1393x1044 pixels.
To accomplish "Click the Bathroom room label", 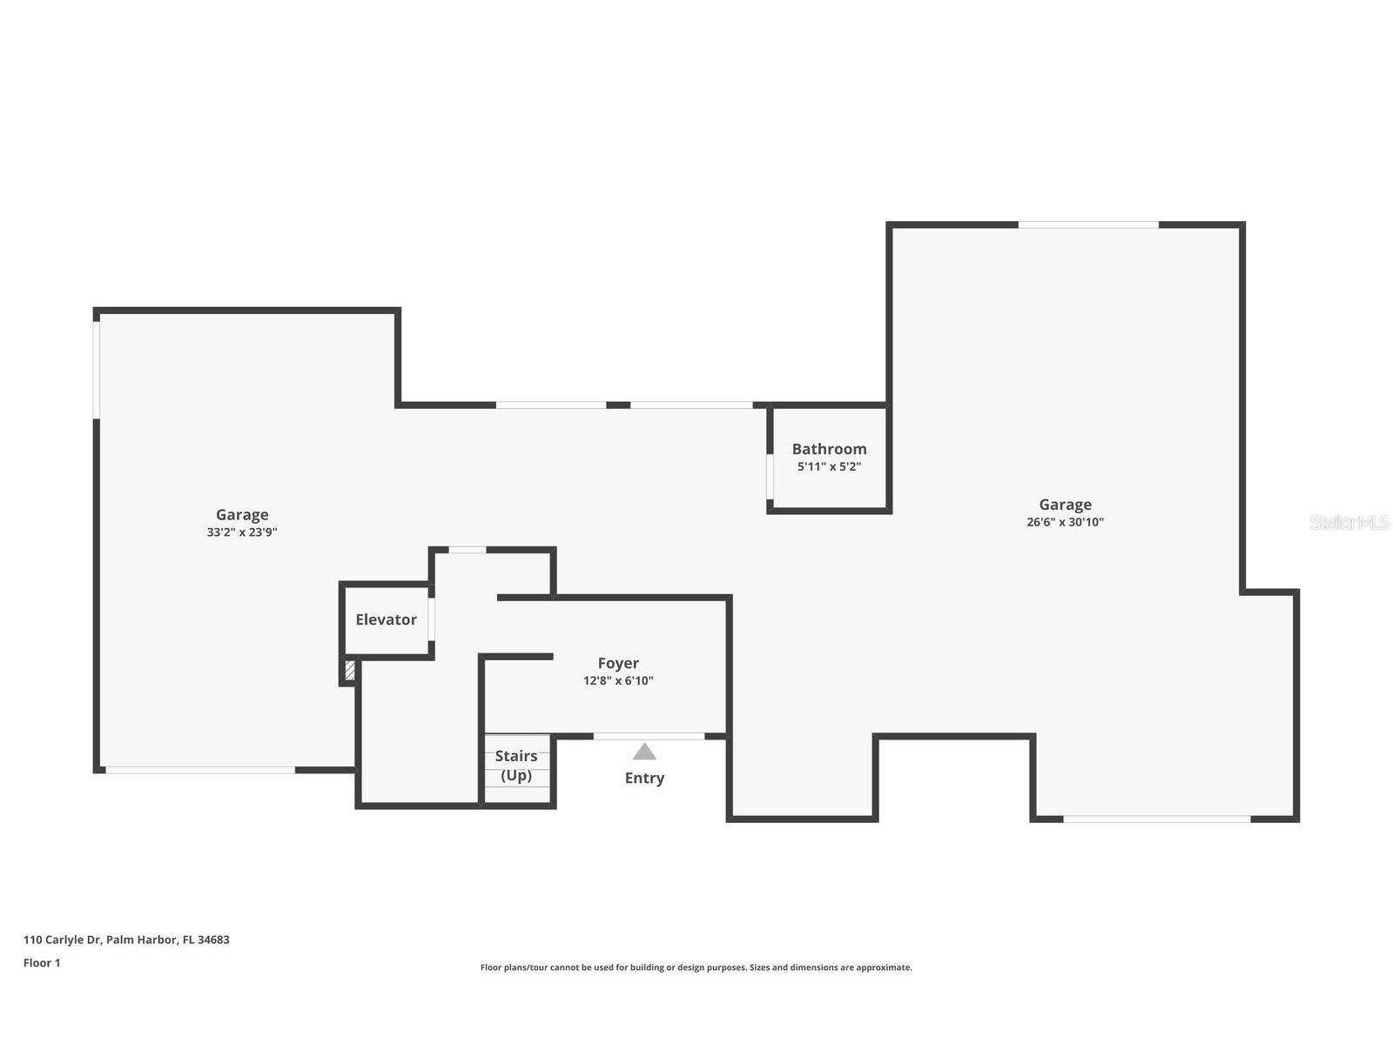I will pos(829,449).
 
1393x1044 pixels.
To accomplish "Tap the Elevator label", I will pos(386,619).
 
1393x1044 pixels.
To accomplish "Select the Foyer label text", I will pos(618,663).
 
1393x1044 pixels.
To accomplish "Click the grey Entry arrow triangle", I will pos(644,752).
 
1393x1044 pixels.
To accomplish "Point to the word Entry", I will pos(644,778).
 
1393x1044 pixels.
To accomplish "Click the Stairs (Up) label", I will pos(516,766).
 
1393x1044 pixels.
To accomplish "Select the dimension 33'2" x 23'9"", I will pos(242,532).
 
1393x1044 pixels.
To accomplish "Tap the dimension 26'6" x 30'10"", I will pos(1065,522).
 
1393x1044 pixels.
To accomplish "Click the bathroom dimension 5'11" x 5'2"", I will pos(829,467).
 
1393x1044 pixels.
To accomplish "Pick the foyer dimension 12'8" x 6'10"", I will pos(618,681).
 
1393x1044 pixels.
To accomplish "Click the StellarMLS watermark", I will pos(1349,522).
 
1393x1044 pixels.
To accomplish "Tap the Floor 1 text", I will pos(42,963).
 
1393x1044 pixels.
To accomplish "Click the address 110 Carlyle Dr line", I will pos(126,940).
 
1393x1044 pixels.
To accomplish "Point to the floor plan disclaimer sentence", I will pos(696,967).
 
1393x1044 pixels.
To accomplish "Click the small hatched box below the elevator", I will pos(350,671).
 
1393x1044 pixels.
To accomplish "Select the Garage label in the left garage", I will pos(242,514).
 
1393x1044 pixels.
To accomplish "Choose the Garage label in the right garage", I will pos(1065,505).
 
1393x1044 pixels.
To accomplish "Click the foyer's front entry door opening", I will pos(649,736).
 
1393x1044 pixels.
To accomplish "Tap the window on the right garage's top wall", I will pos(1088,224).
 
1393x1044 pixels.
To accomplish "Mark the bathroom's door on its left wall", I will pos(770,476).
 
